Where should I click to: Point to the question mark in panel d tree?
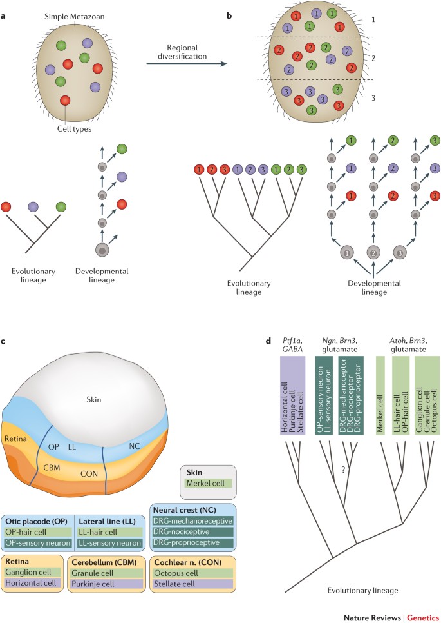pyautogui.click(x=346, y=469)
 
